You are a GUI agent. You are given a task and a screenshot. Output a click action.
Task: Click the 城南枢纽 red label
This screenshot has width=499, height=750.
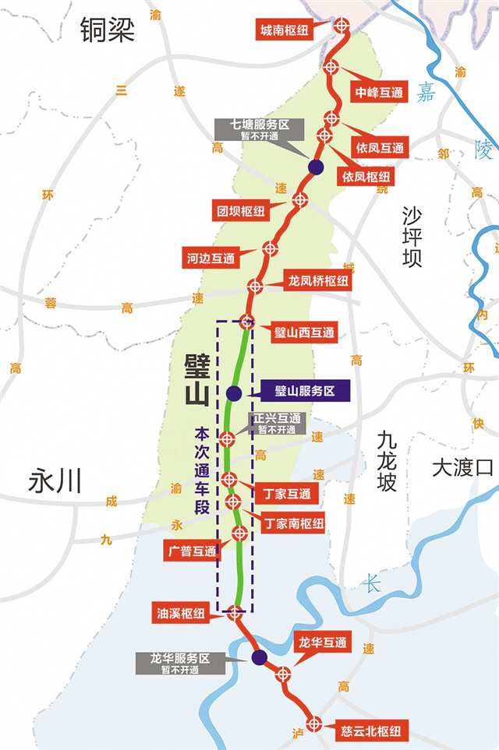284,30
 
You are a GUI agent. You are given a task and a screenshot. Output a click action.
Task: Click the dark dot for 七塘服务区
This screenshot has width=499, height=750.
316,167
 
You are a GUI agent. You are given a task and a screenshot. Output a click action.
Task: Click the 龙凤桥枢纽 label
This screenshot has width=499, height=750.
318,280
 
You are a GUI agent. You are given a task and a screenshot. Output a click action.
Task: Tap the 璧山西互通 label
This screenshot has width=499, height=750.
304,333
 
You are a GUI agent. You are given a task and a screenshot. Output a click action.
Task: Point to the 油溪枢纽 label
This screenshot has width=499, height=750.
182,614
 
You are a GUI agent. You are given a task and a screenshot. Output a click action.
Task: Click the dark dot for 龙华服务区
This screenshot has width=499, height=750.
259,658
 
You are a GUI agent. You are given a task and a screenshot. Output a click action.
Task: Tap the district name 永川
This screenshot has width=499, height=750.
55,481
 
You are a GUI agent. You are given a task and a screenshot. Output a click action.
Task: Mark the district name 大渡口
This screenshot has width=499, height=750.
464,467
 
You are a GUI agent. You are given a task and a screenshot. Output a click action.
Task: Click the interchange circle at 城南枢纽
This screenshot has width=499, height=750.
342,26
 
